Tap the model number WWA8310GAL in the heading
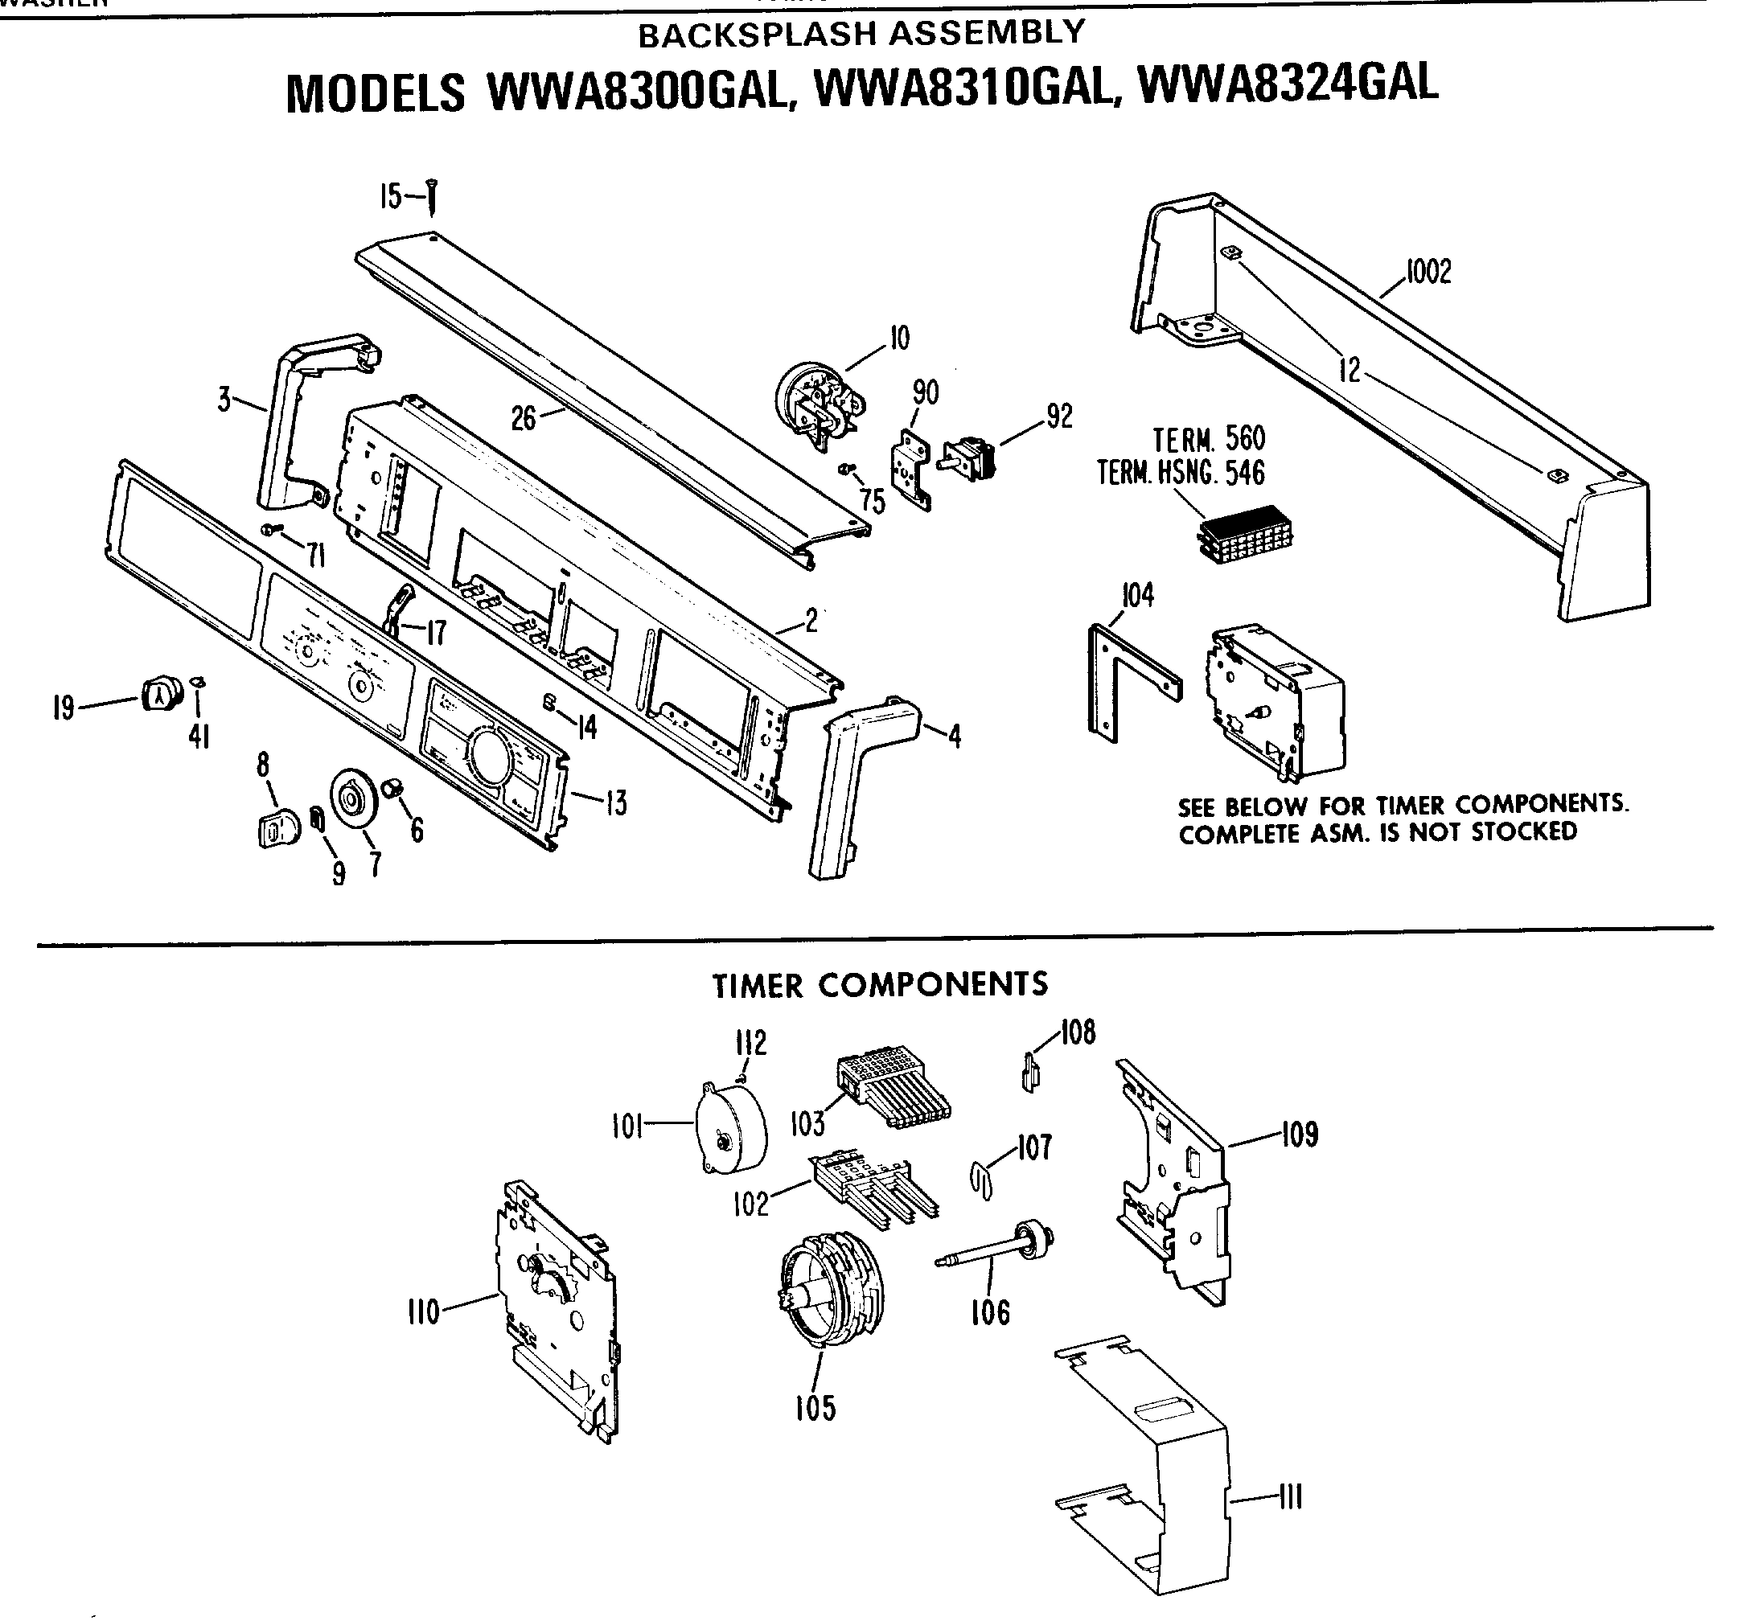coord(960,88)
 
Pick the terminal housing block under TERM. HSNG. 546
coord(1245,533)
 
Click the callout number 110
coord(424,1313)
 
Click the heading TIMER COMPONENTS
coord(879,985)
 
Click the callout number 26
coord(523,418)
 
